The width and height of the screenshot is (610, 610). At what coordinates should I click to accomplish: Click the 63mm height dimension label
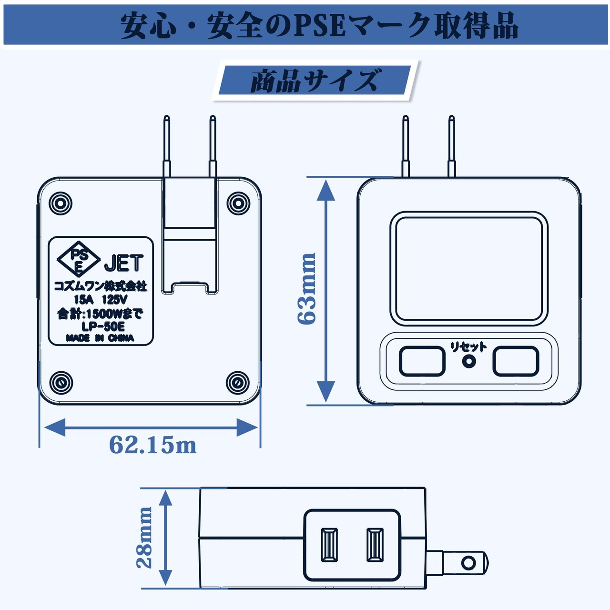pyautogui.click(x=306, y=289)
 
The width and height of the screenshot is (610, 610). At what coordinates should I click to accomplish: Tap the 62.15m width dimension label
pyautogui.click(x=152, y=445)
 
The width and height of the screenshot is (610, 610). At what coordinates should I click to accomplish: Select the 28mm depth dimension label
pyautogui.click(x=144, y=537)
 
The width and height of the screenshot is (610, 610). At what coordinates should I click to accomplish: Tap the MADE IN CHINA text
pyautogui.click(x=100, y=338)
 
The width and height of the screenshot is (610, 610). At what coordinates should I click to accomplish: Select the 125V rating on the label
pyautogui.click(x=114, y=299)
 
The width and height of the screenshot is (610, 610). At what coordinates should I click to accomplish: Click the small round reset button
pyautogui.click(x=469, y=361)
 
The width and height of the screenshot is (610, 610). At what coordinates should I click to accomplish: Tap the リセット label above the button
pyautogui.click(x=468, y=346)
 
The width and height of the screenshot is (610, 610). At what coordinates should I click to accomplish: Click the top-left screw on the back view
pyautogui.click(x=61, y=203)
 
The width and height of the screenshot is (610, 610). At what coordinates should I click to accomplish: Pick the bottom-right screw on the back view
pyautogui.click(x=237, y=382)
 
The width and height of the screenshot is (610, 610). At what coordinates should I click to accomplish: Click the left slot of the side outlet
pyautogui.click(x=329, y=544)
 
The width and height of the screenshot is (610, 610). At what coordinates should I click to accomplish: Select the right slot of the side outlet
pyautogui.click(x=375, y=544)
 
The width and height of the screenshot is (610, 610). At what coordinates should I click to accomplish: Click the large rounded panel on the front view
pyautogui.click(x=468, y=269)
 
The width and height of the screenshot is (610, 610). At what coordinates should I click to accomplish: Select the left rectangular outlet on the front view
pyautogui.click(x=422, y=361)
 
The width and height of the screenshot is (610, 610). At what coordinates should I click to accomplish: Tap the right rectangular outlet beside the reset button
pyautogui.click(x=516, y=361)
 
